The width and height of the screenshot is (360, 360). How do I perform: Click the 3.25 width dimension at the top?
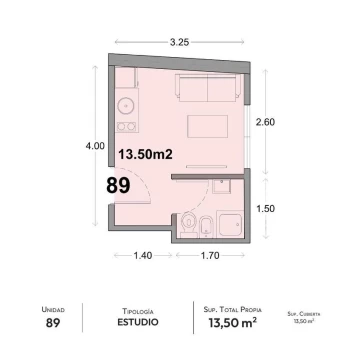tap(180, 42)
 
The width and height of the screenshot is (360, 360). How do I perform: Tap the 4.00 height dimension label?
tap(95, 146)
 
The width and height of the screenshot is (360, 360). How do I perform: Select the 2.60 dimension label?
tap(265, 122)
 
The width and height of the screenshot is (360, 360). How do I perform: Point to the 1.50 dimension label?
tap(265, 209)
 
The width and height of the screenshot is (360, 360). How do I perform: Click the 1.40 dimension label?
tap(143, 256)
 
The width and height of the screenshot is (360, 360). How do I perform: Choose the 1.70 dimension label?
tap(210, 256)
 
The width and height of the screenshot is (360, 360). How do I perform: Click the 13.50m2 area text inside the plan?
tap(146, 154)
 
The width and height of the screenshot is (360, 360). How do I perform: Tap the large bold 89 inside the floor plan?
tap(118, 186)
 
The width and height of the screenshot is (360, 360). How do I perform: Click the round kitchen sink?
tap(126, 106)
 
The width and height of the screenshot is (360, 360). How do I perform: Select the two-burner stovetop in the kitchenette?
tap(127, 126)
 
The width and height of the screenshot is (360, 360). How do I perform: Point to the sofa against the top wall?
tap(208, 87)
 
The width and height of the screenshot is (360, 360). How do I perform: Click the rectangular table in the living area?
tap(207, 126)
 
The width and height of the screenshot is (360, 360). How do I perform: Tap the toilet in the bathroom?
tap(189, 224)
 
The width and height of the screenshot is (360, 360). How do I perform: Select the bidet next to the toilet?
tap(207, 227)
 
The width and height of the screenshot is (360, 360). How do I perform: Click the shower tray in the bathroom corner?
tap(229, 224)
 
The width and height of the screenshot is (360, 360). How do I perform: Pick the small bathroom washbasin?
tap(221, 186)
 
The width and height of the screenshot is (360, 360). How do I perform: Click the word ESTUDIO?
tap(138, 322)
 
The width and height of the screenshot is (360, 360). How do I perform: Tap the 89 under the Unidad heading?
tap(53, 323)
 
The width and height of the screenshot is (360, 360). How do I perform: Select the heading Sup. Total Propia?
tap(233, 310)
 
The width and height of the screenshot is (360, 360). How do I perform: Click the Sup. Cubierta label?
tap(304, 314)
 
